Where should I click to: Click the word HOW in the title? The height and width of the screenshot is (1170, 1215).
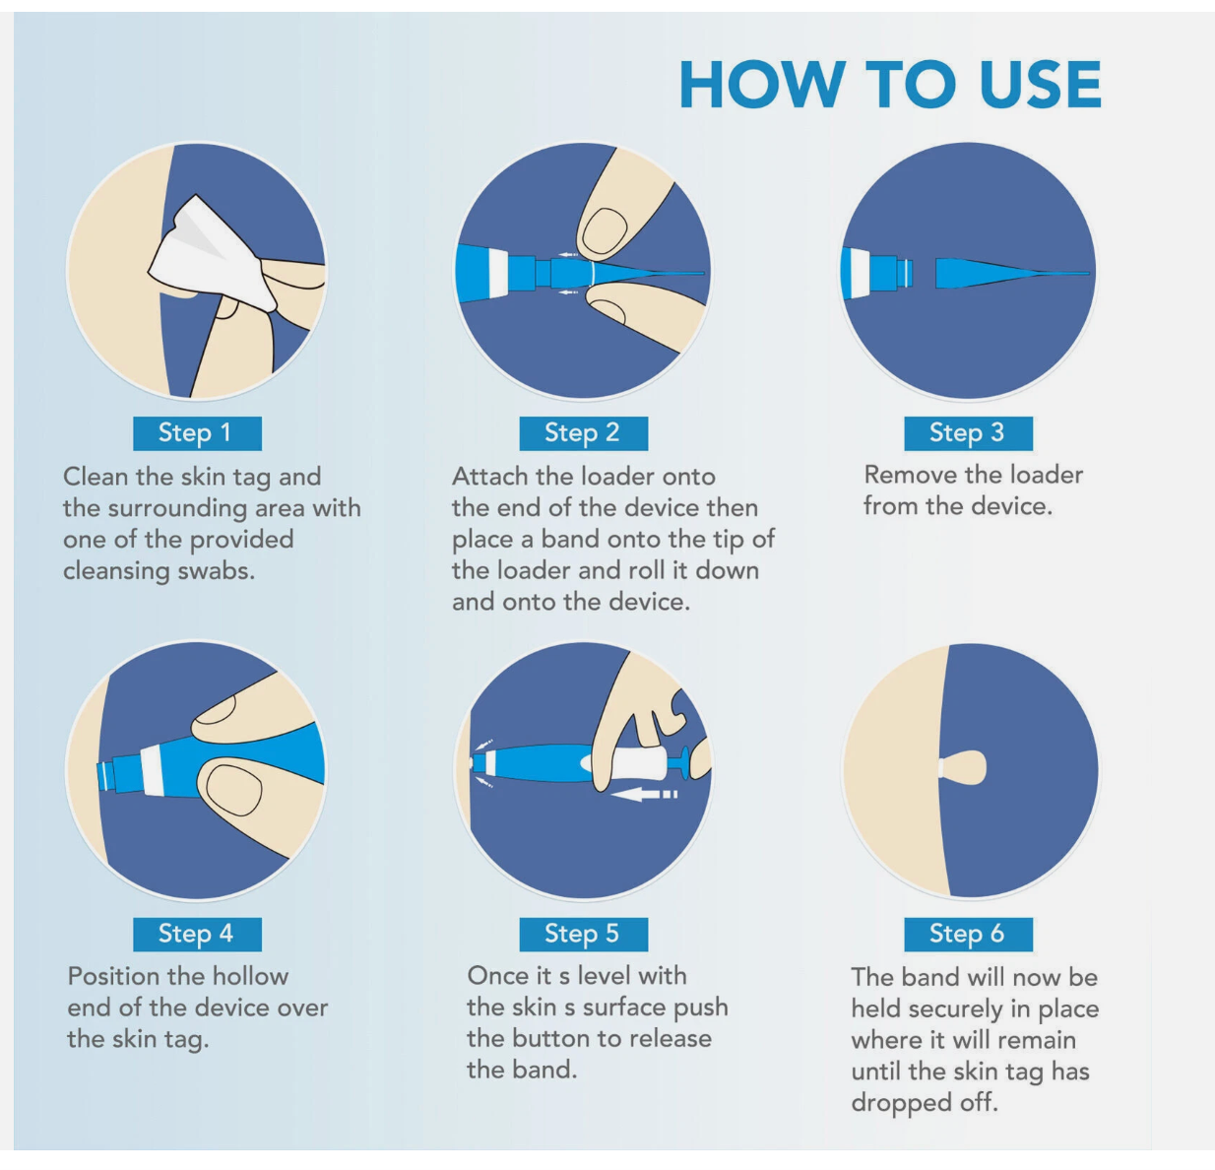pos(762,85)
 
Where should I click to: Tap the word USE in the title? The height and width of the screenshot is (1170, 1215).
pos(1040,85)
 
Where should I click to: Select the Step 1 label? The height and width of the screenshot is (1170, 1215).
pos(197,433)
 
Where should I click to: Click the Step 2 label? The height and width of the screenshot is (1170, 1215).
pos(583,433)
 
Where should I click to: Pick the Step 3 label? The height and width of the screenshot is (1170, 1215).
pos(969,433)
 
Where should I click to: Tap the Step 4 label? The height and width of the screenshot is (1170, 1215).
pos(197,934)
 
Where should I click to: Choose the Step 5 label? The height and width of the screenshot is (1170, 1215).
pos(583,934)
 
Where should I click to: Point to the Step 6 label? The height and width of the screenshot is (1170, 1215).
pos(969,934)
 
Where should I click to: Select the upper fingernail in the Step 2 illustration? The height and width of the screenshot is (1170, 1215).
pos(605,230)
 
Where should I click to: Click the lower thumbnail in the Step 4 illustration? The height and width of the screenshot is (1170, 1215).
pos(233,791)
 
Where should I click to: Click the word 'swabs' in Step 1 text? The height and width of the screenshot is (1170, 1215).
pos(216,571)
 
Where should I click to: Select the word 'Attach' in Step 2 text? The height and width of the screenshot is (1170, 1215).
pos(490,478)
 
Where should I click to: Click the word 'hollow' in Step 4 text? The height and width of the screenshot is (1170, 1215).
pos(249,976)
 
